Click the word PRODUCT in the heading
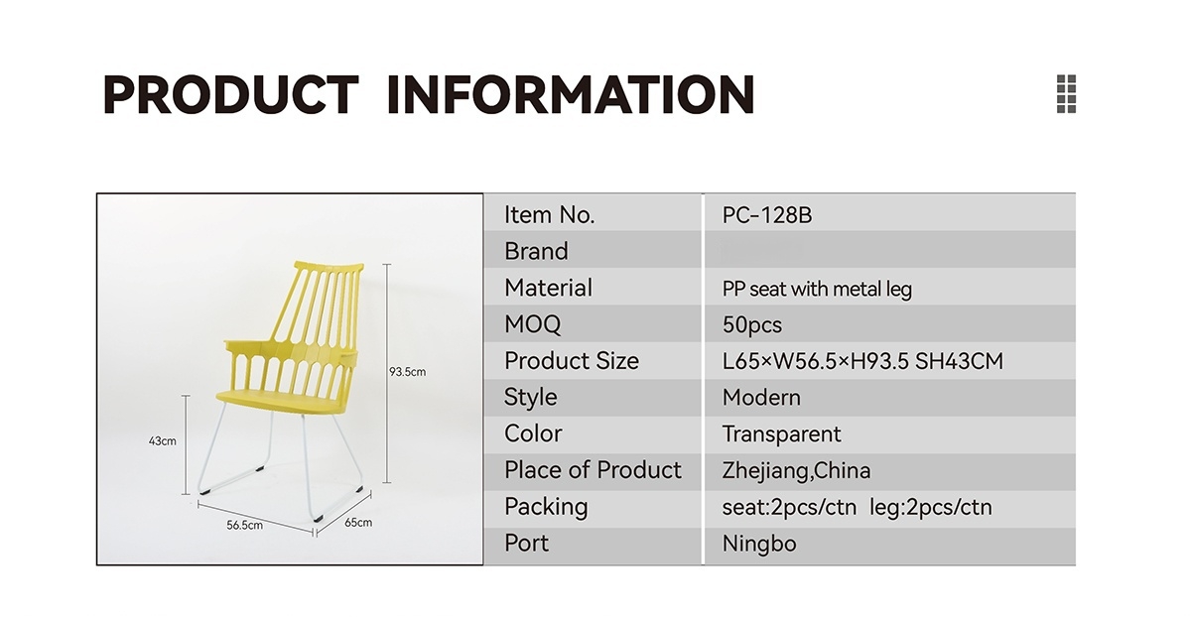pos(230,94)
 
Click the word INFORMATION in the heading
pos(571,94)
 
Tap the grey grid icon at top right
pos(1066,93)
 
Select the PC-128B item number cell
pos(766,215)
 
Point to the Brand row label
pos(536,251)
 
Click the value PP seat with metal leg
pos(817,289)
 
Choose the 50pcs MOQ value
pos(752,324)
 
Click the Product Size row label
pos(572,361)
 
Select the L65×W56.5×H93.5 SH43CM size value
pos(862,361)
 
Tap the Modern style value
pos(761,398)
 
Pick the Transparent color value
pos(781,434)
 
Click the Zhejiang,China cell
pos(796,471)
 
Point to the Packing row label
pos(546,507)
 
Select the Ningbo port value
pos(759,544)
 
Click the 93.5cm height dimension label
pos(407,372)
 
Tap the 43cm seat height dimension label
pos(162,441)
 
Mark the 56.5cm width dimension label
pos(244,525)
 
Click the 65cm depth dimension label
pos(358,523)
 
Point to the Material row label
pos(548,288)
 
